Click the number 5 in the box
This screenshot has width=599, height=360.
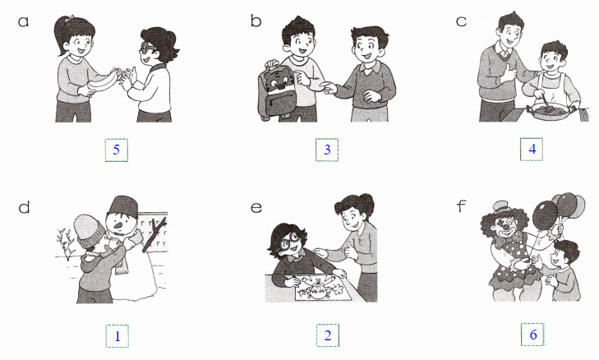pyautogui.click(x=117, y=150)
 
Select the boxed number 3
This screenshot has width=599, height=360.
pyautogui.click(x=327, y=150)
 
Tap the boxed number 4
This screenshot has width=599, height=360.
pyautogui.click(x=532, y=149)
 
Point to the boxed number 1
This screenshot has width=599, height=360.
pyautogui.click(x=117, y=336)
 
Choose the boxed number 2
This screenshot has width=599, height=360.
pyautogui.click(x=327, y=335)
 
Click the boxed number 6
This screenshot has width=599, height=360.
pyautogui.click(x=533, y=335)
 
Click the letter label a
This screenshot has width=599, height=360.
pyautogui.click(x=23, y=21)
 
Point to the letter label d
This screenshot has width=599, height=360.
pyautogui.click(x=24, y=207)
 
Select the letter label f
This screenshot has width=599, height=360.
pyautogui.click(x=462, y=206)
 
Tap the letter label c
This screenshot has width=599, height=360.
pyautogui.click(x=461, y=21)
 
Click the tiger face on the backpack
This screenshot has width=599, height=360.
pyautogui.click(x=276, y=80)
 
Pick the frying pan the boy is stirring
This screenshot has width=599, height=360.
pyautogui.click(x=548, y=111)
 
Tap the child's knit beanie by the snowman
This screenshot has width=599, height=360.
pyautogui.click(x=90, y=230)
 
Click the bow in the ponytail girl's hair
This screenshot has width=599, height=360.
pyautogui.click(x=69, y=18)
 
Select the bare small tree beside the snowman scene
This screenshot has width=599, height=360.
pyautogui.click(x=66, y=243)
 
